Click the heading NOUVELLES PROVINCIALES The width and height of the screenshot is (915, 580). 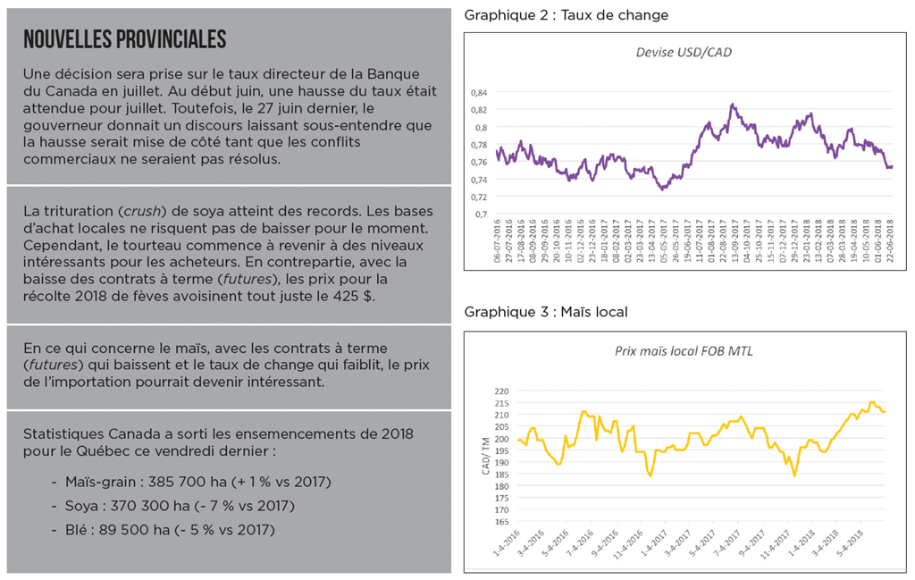(x=124, y=40)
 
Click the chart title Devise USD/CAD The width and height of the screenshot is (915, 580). (x=684, y=52)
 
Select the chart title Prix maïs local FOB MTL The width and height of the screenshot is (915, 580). (x=684, y=350)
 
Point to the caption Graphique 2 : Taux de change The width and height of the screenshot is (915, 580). (x=566, y=15)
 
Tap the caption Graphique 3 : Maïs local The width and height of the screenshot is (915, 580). (x=546, y=312)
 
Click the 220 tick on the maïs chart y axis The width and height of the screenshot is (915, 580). (x=500, y=391)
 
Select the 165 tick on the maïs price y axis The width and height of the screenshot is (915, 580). (x=500, y=521)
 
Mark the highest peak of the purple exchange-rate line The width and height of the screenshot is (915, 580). (x=733, y=105)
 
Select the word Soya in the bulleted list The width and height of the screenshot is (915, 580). (x=82, y=506)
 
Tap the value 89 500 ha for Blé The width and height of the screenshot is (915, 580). (x=130, y=530)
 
